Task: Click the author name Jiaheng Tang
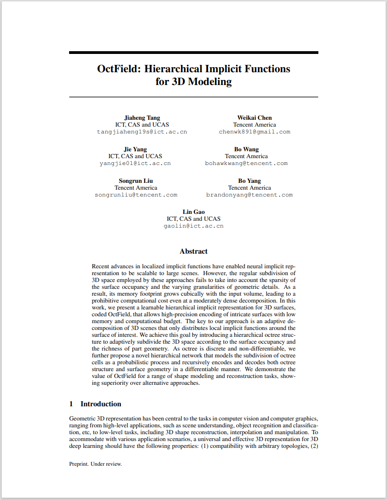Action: pos(142,118)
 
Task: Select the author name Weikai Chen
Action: pos(254,118)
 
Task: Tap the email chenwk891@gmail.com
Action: pos(254,132)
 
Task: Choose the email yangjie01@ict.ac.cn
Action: pos(135,163)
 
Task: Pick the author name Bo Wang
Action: pos(246,149)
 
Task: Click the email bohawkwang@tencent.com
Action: pos(246,163)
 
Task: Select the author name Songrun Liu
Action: pos(136,181)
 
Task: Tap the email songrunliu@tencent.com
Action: pos(136,195)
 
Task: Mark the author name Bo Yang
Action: pos(249,181)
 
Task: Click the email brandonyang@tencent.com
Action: pos(249,195)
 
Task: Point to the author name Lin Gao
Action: pos(193,212)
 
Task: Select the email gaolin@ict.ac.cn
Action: pos(193,226)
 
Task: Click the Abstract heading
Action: pos(193,251)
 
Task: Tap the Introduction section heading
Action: pos(101,404)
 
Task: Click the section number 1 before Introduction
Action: pos(71,404)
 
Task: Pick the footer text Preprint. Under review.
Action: pos(96,464)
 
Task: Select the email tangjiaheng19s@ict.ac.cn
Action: pos(142,132)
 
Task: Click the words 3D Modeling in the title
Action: pos(201,82)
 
